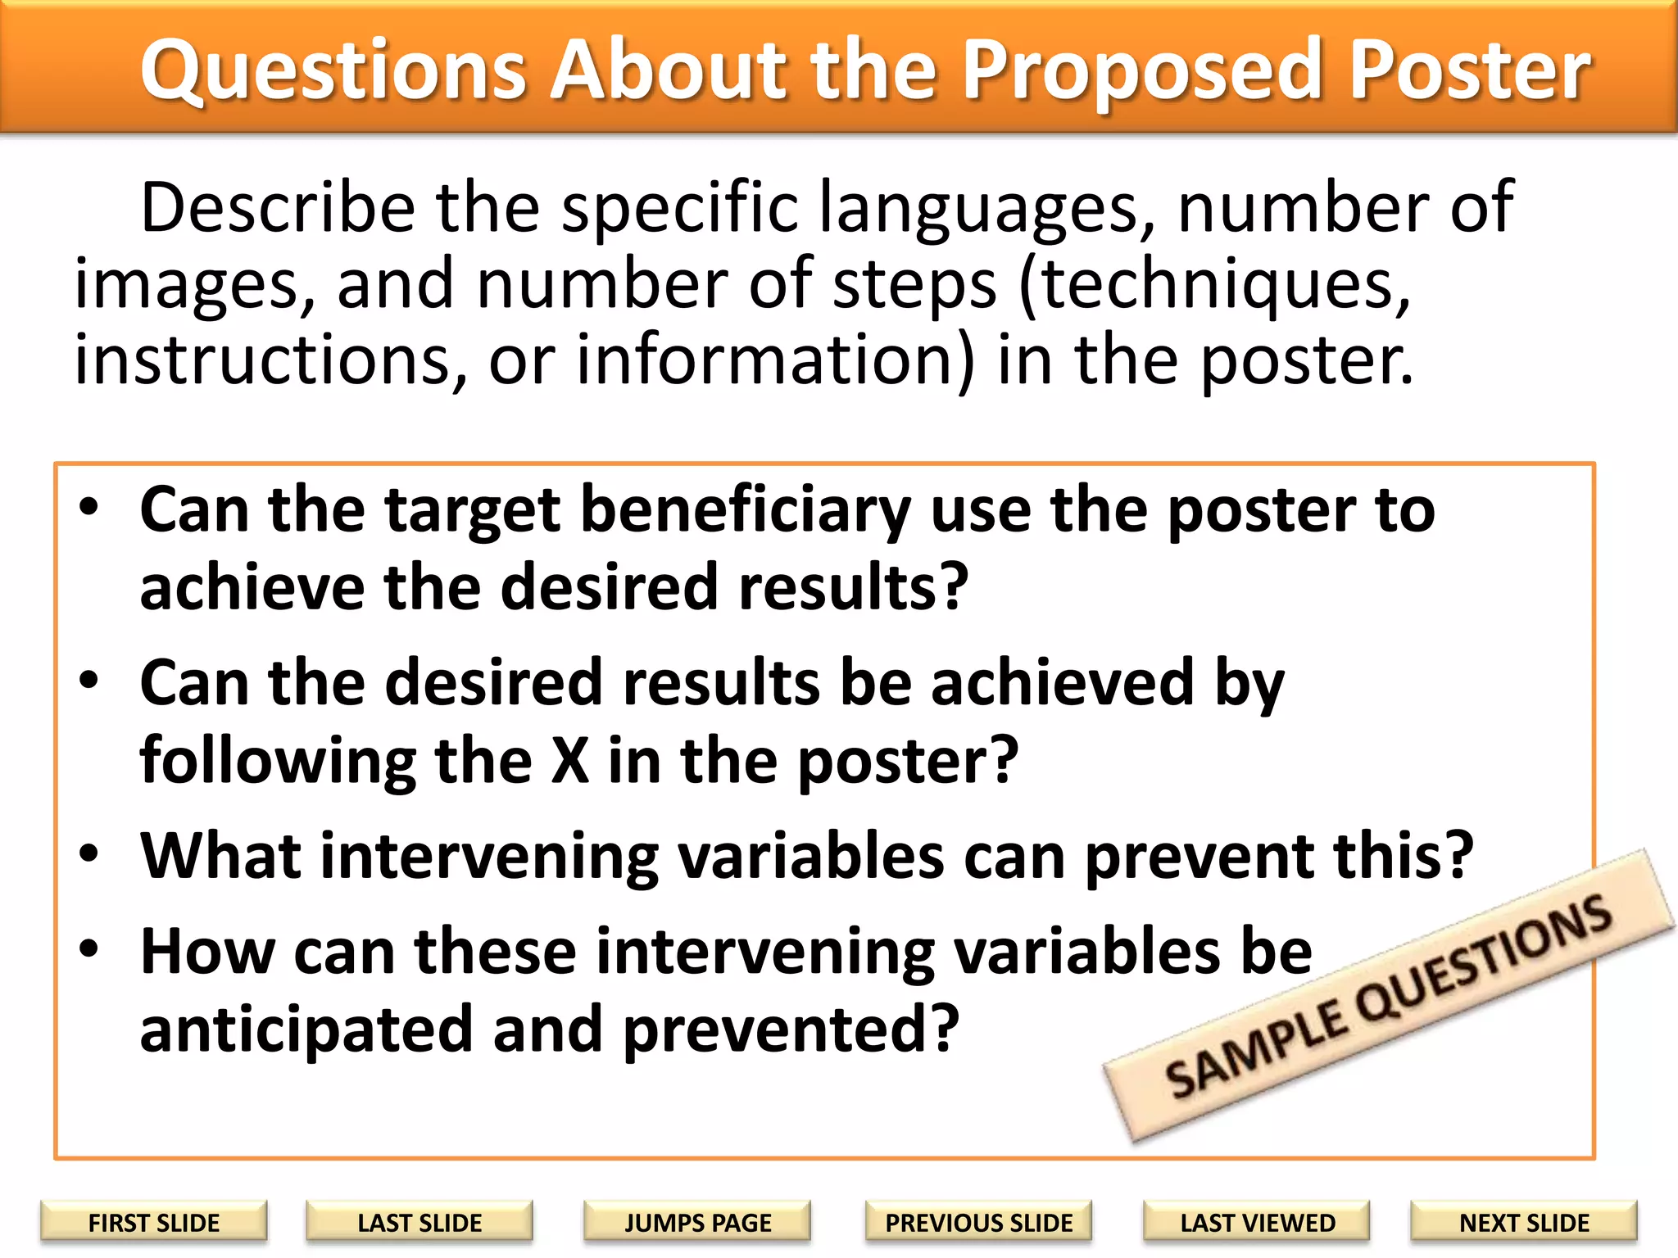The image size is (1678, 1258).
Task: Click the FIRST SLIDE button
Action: pyautogui.click(x=154, y=1222)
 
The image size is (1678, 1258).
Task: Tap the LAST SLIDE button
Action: pyautogui.click(x=419, y=1222)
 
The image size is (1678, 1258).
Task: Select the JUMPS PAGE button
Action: pyautogui.click(x=697, y=1222)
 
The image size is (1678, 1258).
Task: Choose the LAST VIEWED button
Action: pyautogui.click(x=1257, y=1222)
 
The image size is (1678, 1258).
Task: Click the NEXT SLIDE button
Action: pyautogui.click(x=1524, y=1222)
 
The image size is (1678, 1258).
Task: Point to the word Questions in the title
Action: pyautogui.click(x=332, y=72)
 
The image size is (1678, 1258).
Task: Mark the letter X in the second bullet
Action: pyautogui.click(x=570, y=761)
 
